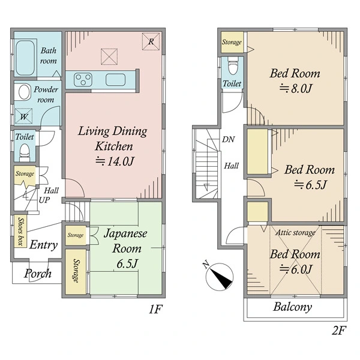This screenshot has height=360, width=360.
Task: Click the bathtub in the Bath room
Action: (x=25, y=58)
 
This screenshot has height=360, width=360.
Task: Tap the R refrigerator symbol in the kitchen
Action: (x=151, y=41)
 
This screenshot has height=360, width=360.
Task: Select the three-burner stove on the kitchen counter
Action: (x=83, y=80)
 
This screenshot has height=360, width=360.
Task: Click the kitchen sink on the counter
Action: (x=115, y=80)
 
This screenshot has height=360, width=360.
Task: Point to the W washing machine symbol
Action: (x=23, y=116)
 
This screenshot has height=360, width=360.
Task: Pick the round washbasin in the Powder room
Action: (x=25, y=92)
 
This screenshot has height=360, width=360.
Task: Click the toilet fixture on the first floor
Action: (x=25, y=152)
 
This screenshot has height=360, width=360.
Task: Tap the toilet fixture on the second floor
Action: (x=233, y=65)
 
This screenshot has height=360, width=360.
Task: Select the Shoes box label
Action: (x=20, y=232)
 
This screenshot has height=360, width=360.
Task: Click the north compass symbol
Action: (x=219, y=277)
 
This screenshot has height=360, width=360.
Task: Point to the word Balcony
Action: (x=293, y=307)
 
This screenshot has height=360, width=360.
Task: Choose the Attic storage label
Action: (x=295, y=233)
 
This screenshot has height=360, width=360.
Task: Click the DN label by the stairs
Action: (x=229, y=139)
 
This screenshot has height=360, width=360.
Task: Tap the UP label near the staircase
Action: (x=44, y=200)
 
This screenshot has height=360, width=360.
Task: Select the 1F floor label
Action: (x=156, y=309)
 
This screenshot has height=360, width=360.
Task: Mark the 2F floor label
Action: (x=339, y=331)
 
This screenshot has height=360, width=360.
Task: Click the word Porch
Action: (x=38, y=274)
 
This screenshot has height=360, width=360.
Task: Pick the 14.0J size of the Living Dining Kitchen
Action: (x=115, y=161)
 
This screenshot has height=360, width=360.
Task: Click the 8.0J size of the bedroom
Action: (x=296, y=88)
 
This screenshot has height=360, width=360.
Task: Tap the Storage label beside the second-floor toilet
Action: (x=232, y=42)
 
